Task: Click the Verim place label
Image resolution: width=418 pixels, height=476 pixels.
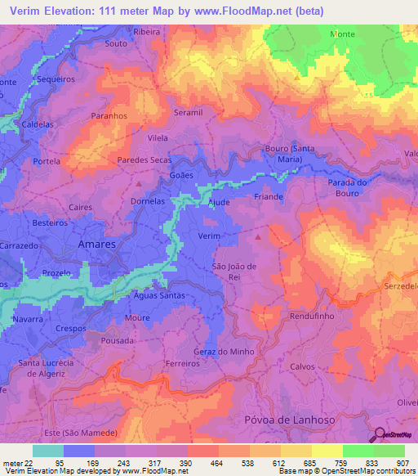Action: (210, 235)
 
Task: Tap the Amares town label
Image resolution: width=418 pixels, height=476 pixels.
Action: (96, 245)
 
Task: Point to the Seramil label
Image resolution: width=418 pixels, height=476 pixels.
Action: (188, 112)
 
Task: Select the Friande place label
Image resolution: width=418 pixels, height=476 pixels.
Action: (269, 197)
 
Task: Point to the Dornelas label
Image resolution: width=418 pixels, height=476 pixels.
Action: (148, 200)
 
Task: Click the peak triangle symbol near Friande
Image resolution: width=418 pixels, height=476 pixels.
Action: (260, 237)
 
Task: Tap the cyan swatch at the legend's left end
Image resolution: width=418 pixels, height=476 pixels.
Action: (47, 451)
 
